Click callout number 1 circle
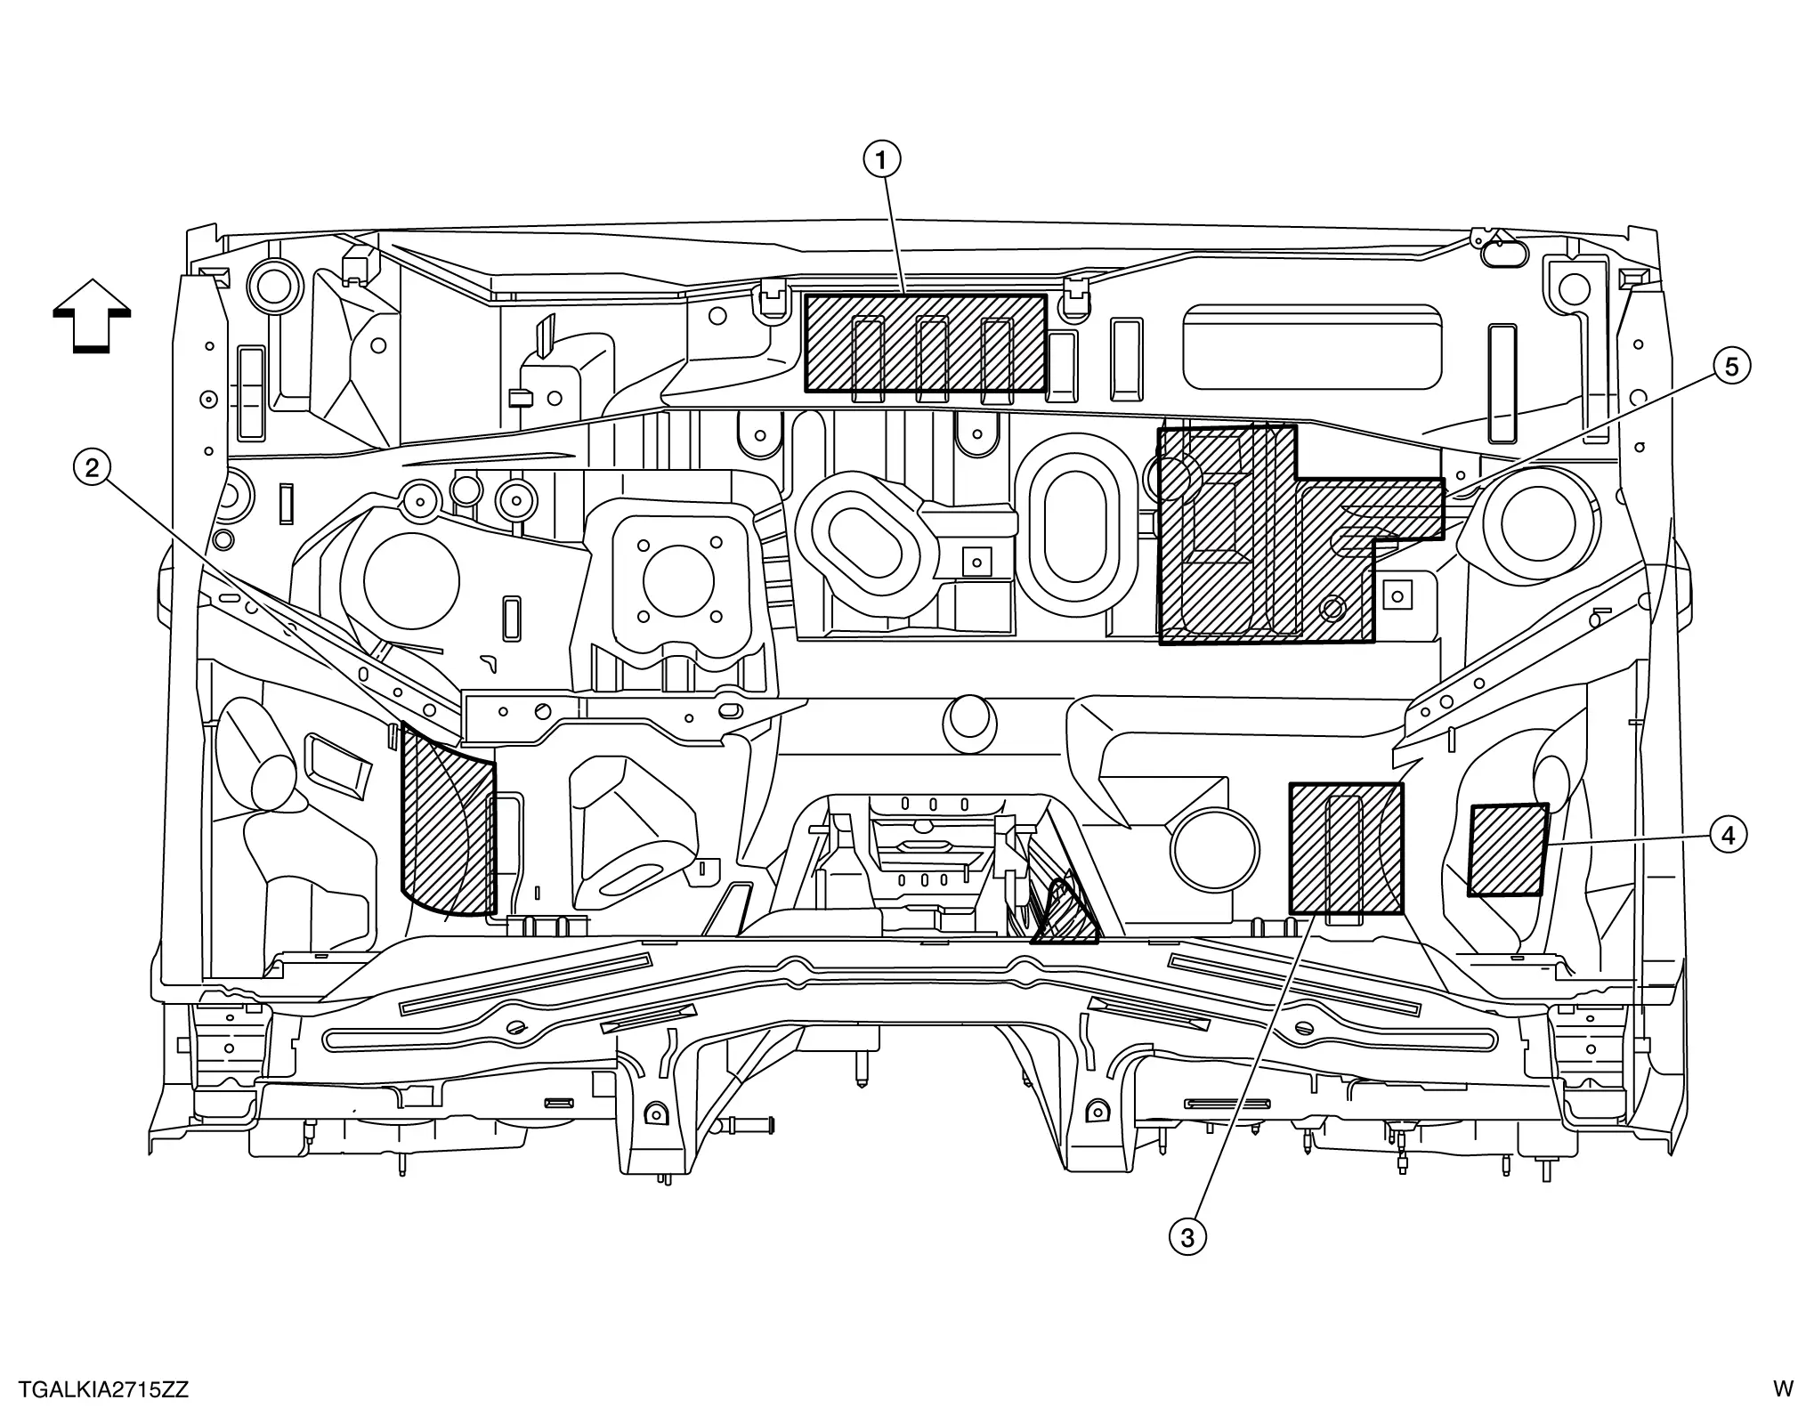click(x=881, y=160)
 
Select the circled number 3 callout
click(x=1187, y=1236)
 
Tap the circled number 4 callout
click(x=1728, y=835)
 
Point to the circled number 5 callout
click(x=1731, y=367)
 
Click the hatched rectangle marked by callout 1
click(x=925, y=344)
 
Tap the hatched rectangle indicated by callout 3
click(x=1345, y=848)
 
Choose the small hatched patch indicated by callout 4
click(x=1507, y=850)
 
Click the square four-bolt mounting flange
click(x=676, y=579)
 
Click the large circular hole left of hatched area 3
click(x=1214, y=851)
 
